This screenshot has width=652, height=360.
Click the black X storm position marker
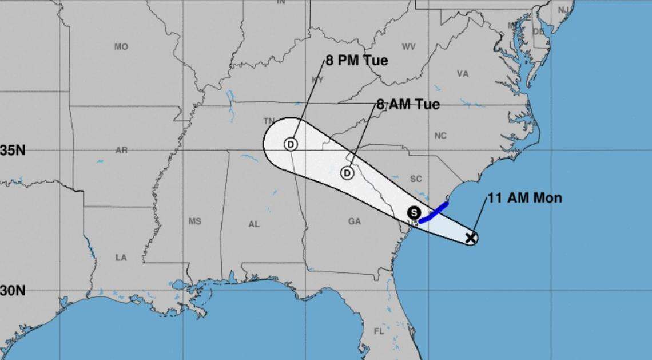pyautogui.click(x=470, y=238)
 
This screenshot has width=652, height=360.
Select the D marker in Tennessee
pyautogui.click(x=291, y=144)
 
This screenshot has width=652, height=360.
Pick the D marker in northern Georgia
pyautogui.click(x=347, y=172)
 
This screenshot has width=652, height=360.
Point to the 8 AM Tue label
pyautogui.click(x=408, y=105)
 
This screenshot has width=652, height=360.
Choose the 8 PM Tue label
pyautogui.click(x=356, y=60)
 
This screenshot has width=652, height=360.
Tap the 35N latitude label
pyautogui.click(x=13, y=151)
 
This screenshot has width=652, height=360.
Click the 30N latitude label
pyautogui.click(x=13, y=291)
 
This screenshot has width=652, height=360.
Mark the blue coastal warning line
pyautogui.click(x=434, y=212)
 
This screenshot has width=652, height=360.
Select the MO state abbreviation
pyautogui.click(x=121, y=47)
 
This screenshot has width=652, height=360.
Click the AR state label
pyautogui.click(x=121, y=151)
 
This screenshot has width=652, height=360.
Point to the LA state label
pyautogui.click(x=121, y=258)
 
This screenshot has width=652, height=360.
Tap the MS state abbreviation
pyautogui.click(x=195, y=221)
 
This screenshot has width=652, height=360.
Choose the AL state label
pyautogui.click(x=254, y=224)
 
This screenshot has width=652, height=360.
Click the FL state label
pyautogui.click(x=379, y=331)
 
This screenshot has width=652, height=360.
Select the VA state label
pyautogui.click(x=463, y=74)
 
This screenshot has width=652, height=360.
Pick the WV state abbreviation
pyautogui.click(x=408, y=46)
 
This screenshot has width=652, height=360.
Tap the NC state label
pyautogui.click(x=440, y=136)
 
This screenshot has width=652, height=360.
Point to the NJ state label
pyautogui.click(x=564, y=10)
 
